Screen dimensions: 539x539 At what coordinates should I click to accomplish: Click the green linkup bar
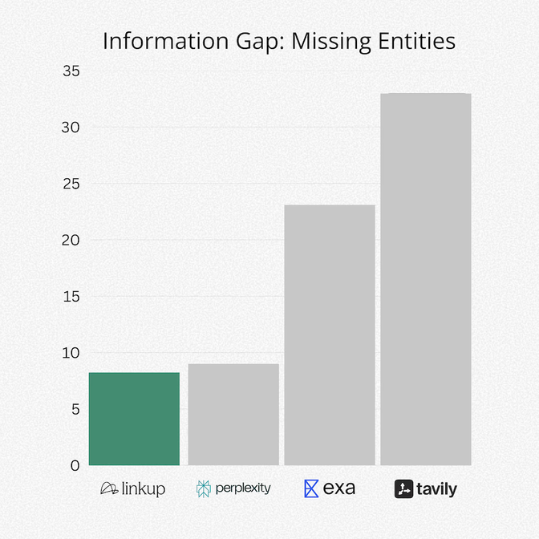134,419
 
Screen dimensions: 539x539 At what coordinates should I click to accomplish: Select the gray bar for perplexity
233,415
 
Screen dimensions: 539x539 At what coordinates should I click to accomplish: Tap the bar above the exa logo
330,335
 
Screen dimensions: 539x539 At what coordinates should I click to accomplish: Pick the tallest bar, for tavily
426,279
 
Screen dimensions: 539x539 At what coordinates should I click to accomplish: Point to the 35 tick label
71,71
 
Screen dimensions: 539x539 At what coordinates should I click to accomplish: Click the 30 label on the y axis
71,128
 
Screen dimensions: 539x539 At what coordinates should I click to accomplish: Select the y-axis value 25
71,184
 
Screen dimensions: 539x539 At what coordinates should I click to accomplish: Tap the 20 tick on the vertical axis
71,241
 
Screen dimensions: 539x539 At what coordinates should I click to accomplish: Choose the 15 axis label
71,297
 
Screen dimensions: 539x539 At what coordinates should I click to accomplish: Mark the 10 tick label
71,353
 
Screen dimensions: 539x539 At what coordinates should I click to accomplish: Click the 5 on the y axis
75,409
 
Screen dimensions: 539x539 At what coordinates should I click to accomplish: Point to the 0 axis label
75,465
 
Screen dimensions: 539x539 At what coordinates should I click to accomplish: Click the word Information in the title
166,41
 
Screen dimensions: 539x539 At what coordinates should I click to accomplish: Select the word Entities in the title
416,41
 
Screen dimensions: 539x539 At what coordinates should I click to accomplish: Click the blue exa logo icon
311,488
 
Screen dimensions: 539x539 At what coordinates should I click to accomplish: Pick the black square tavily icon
403,488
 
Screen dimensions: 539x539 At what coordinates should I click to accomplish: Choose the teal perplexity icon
204,488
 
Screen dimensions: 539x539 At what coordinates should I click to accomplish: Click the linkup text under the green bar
144,488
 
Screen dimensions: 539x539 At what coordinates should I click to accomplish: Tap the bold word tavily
436,489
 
